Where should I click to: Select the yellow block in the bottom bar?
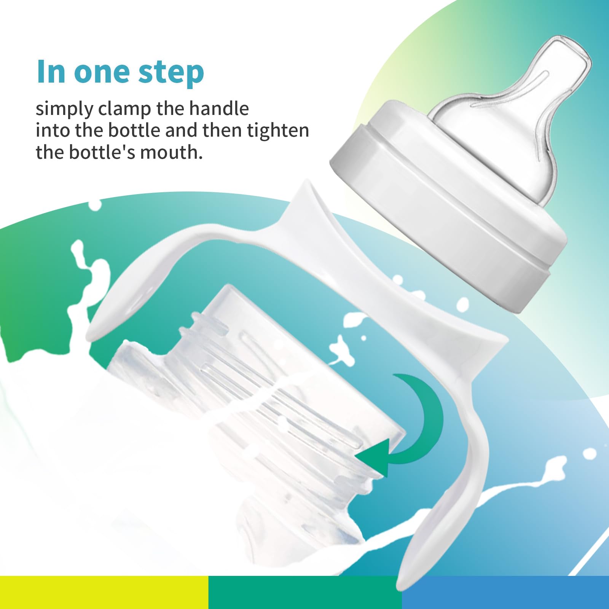[x=104, y=592]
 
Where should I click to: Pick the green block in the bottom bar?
[x=305, y=592]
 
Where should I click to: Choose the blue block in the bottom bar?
[x=505, y=592]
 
